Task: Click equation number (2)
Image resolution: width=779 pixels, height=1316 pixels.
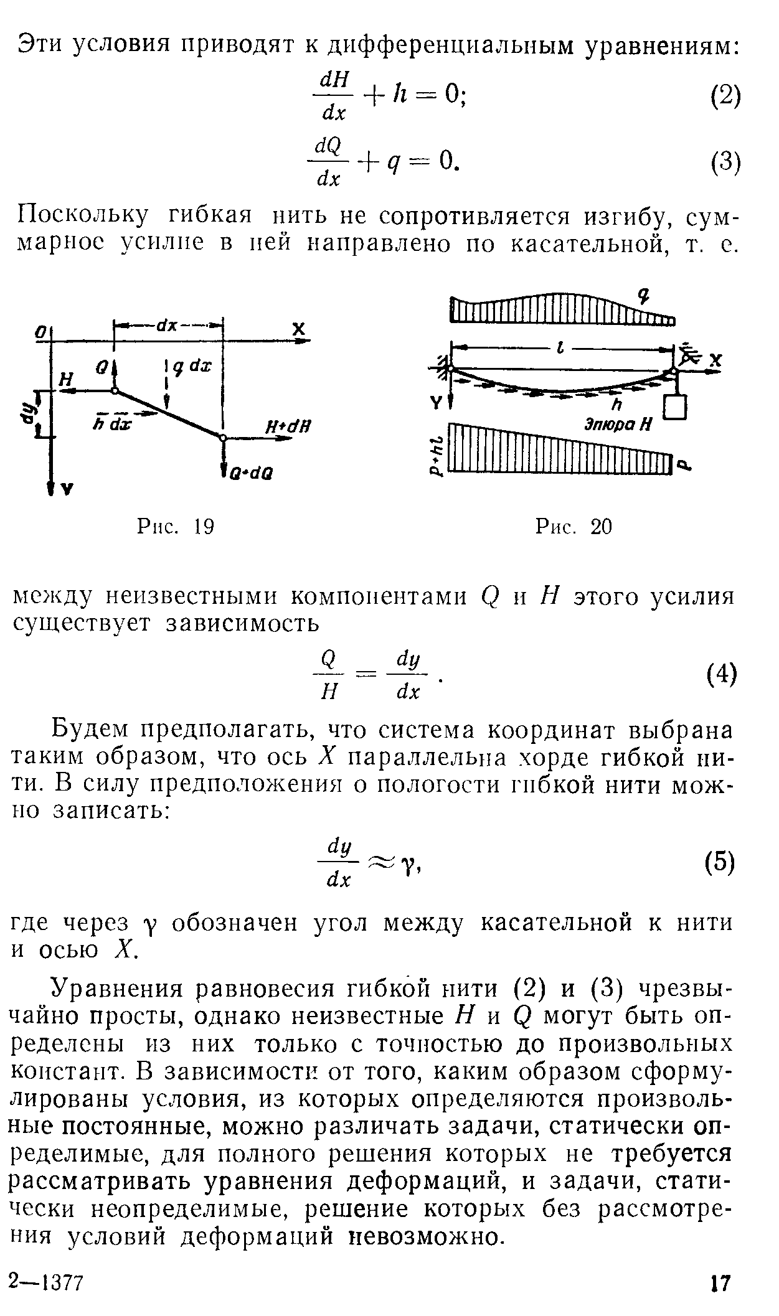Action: pyautogui.click(x=725, y=96)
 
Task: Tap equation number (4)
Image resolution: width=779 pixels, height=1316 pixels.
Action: pyautogui.click(x=722, y=674)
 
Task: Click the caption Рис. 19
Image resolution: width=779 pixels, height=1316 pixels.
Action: pyautogui.click(x=176, y=528)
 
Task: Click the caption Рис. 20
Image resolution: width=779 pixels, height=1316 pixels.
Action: pyautogui.click(x=574, y=528)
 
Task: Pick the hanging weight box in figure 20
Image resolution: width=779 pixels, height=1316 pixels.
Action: pyautogui.click(x=674, y=407)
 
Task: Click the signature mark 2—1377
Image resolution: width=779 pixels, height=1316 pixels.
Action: pyautogui.click(x=47, y=1282)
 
